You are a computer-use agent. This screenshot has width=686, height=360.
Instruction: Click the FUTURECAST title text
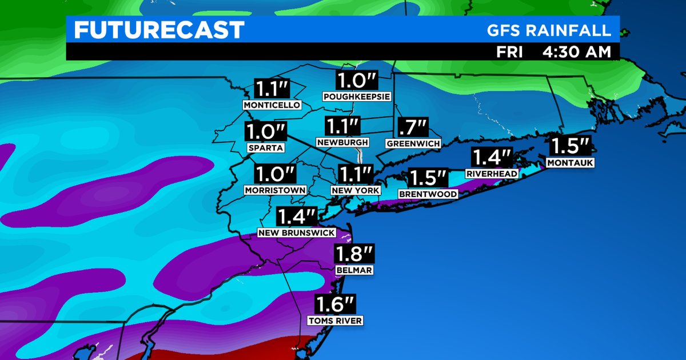point(159,30)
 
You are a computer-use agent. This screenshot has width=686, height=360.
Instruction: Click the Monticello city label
point(272,106)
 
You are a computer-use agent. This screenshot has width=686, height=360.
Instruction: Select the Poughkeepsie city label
point(357,97)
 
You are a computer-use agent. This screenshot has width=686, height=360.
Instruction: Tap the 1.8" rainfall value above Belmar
point(354,254)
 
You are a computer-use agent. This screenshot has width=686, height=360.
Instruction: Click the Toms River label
point(335,321)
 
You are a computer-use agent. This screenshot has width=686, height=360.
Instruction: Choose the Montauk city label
point(571,163)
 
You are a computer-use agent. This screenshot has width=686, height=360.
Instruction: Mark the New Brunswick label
point(297,233)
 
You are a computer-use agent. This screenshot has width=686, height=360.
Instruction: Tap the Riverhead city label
point(492,174)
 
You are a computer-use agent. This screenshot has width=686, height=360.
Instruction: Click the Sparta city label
point(266,147)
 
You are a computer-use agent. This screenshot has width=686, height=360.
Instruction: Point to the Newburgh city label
point(342,142)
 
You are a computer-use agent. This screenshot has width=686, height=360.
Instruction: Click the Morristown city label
point(275,190)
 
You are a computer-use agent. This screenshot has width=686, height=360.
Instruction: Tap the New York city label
point(356,190)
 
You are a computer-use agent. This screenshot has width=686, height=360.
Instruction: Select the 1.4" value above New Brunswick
point(297,217)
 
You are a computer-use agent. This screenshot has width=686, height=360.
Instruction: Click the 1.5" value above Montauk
point(571,146)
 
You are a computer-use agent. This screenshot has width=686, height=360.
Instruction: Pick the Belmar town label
point(354,270)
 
